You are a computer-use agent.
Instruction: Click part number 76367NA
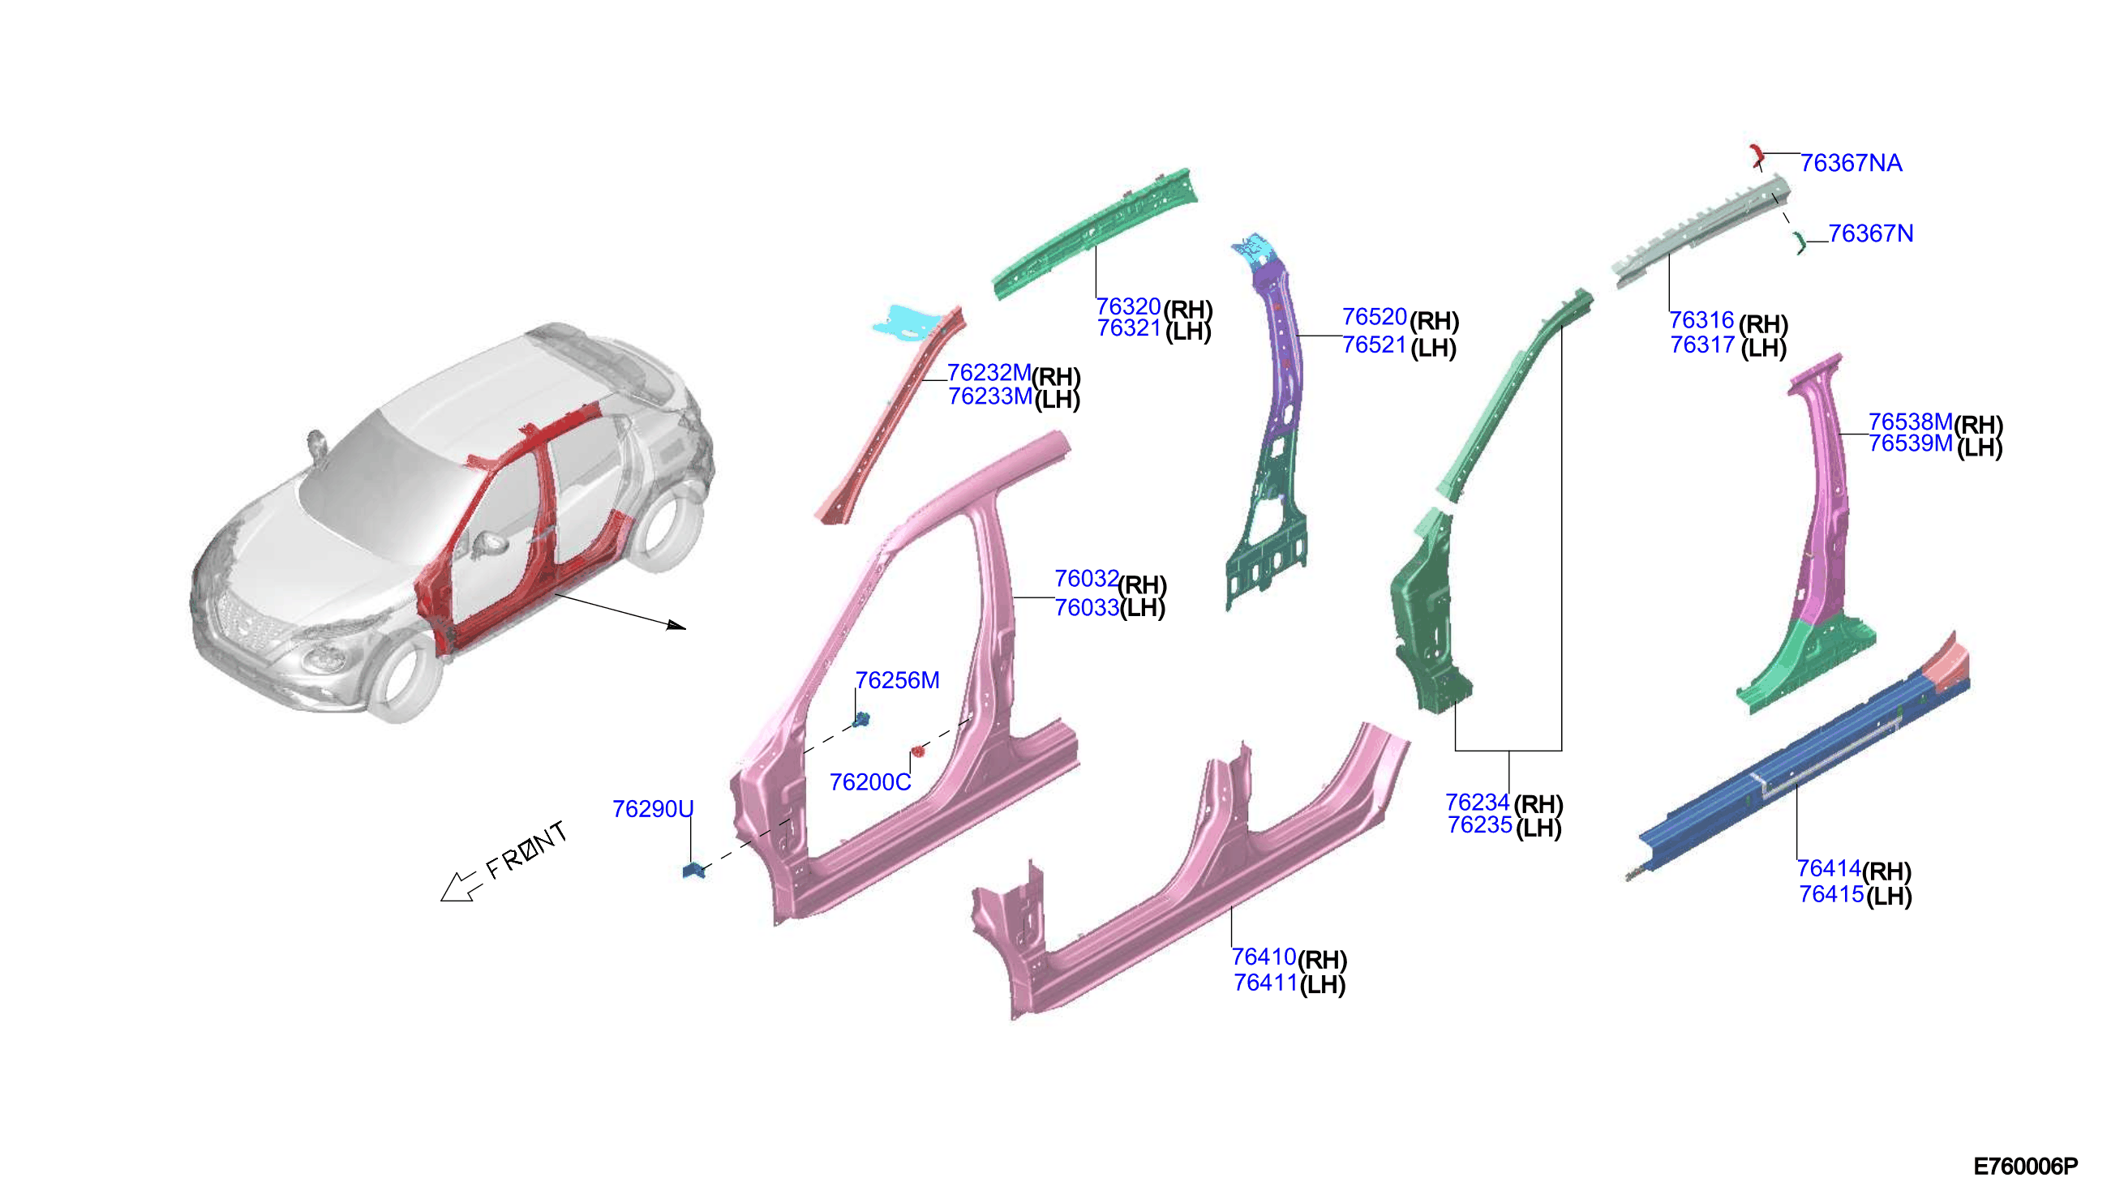[1852, 164]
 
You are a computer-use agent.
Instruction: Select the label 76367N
[1871, 233]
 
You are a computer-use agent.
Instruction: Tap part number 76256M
[898, 681]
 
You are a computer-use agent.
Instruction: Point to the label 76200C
[870, 782]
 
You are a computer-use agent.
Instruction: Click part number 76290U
[653, 809]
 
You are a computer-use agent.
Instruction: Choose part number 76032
[1087, 578]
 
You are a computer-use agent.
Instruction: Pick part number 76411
[1265, 983]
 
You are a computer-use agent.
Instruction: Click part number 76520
[1375, 316]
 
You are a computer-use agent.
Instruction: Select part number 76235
[1480, 824]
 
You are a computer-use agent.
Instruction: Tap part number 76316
[1701, 319]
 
